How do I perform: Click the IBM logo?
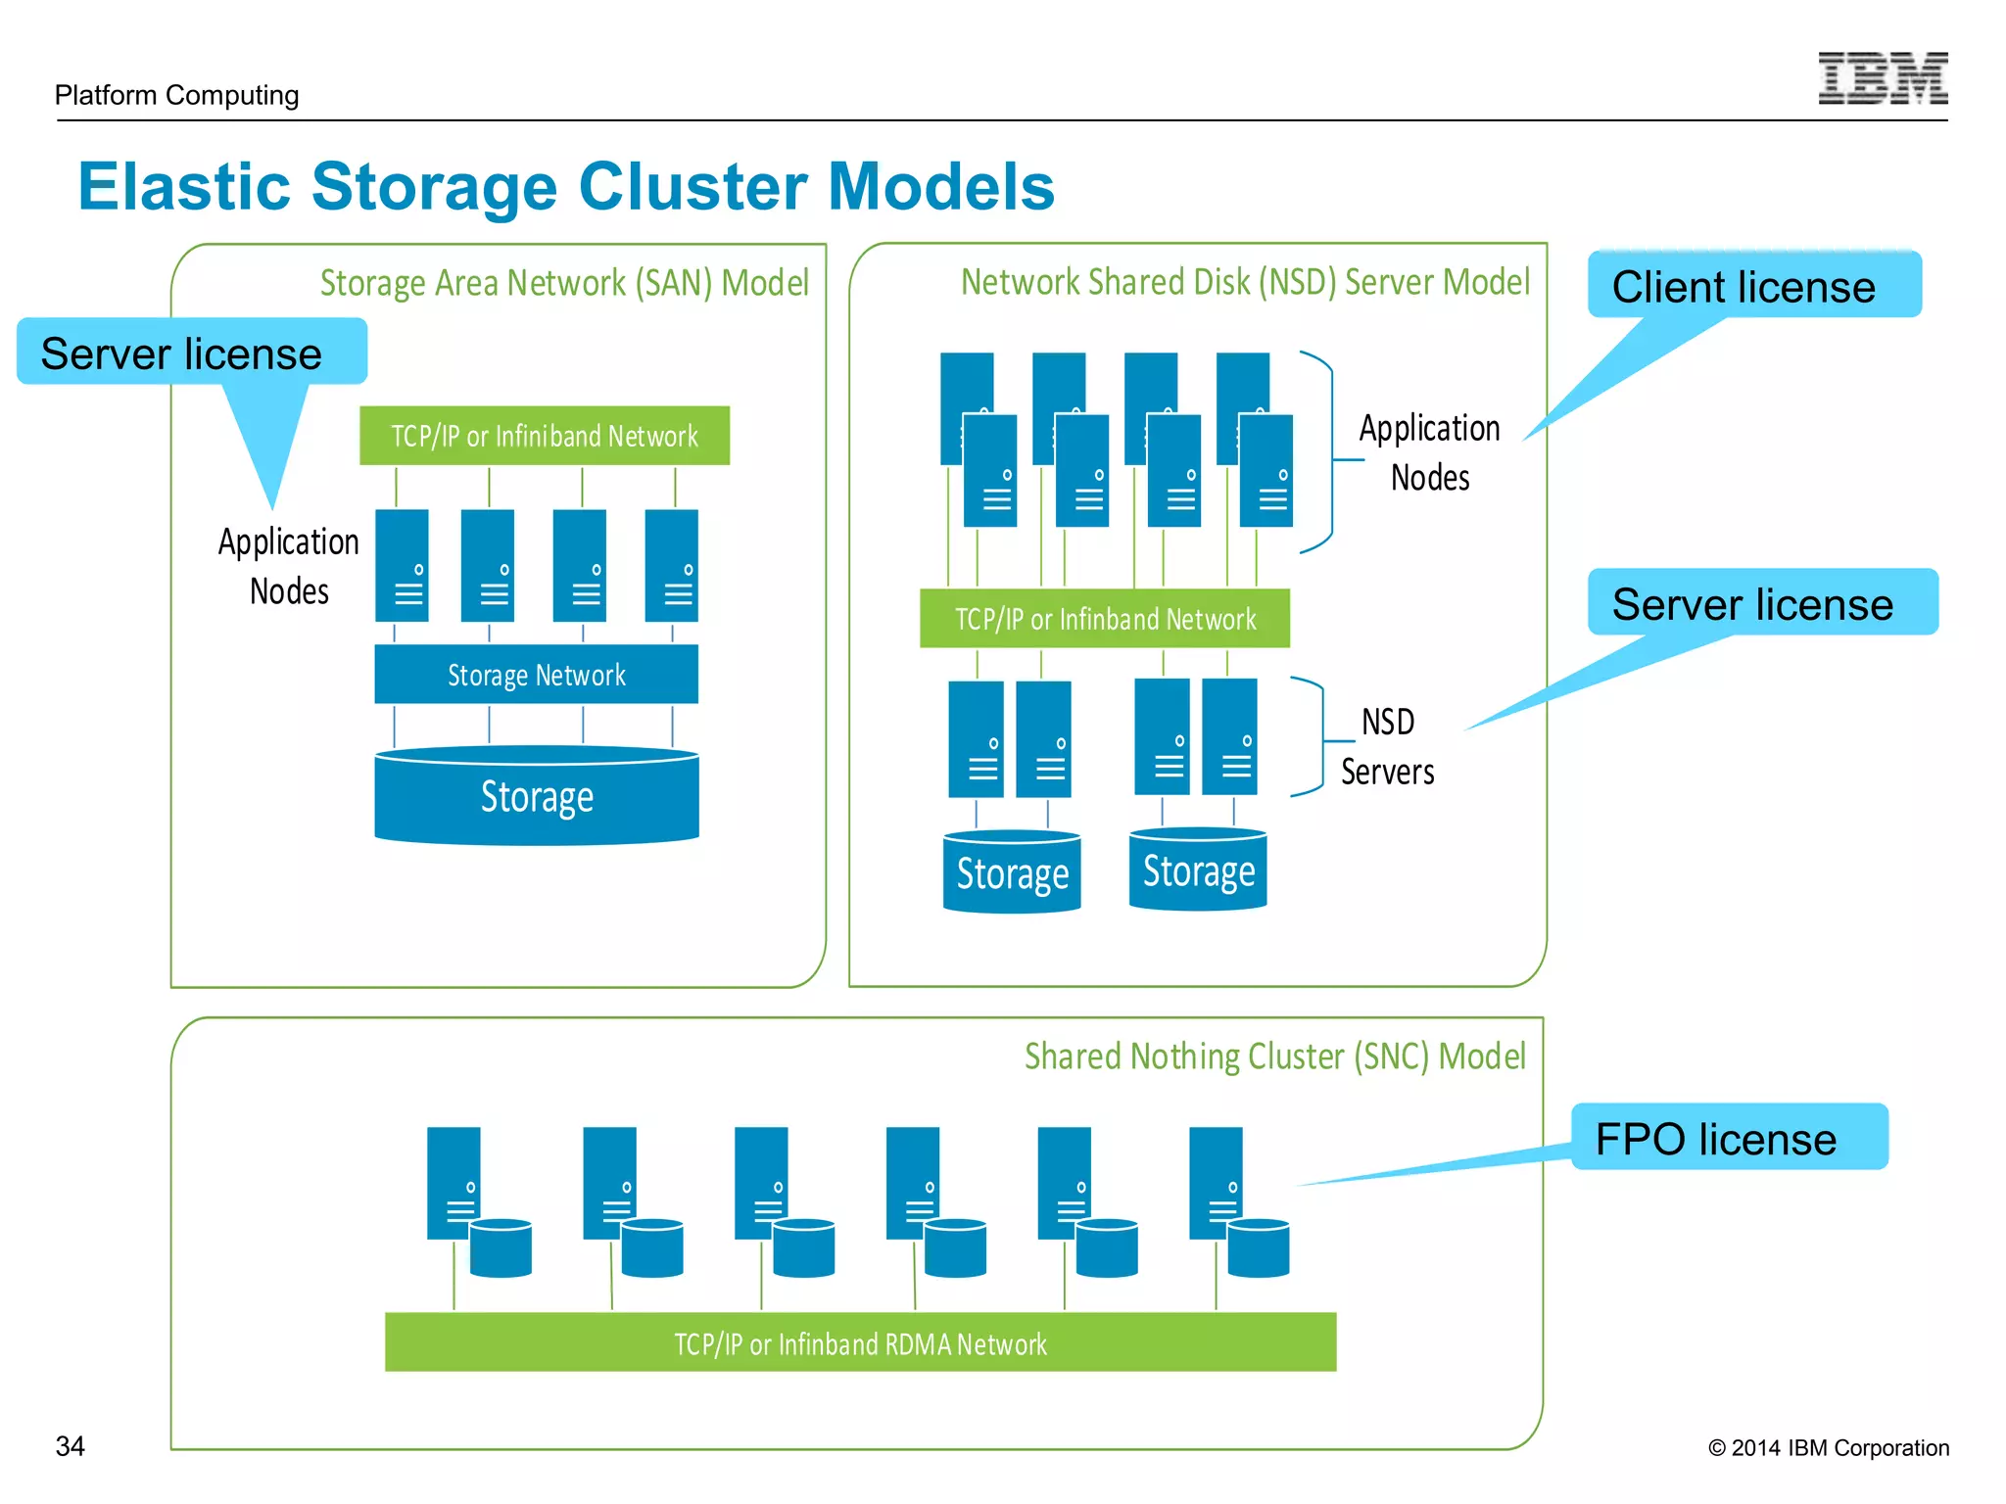pyautogui.click(x=1882, y=78)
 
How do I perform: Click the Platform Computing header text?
pyautogui.click(x=176, y=95)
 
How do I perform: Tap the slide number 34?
pyautogui.click(x=70, y=1445)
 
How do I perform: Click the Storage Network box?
pyautogui.click(x=536, y=675)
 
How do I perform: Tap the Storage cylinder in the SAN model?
pyautogui.click(x=536, y=798)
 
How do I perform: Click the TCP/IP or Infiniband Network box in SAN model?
pyautogui.click(x=544, y=436)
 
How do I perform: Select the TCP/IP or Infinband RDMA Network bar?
pyautogui.click(x=860, y=1343)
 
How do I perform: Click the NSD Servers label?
pyautogui.click(x=1387, y=746)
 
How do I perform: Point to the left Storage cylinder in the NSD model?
pyautogui.click(x=1011, y=873)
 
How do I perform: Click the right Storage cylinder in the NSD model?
pyautogui.click(x=1197, y=871)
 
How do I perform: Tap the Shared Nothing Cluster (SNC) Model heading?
pyautogui.click(x=1274, y=1057)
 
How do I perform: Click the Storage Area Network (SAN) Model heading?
pyautogui.click(x=564, y=283)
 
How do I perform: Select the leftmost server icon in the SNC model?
pyautogui.click(x=453, y=1183)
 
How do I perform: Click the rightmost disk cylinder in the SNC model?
pyautogui.click(x=1258, y=1248)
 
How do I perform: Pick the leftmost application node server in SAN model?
pyautogui.click(x=402, y=565)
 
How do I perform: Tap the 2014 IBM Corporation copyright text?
pyautogui.click(x=1828, y=1447)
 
